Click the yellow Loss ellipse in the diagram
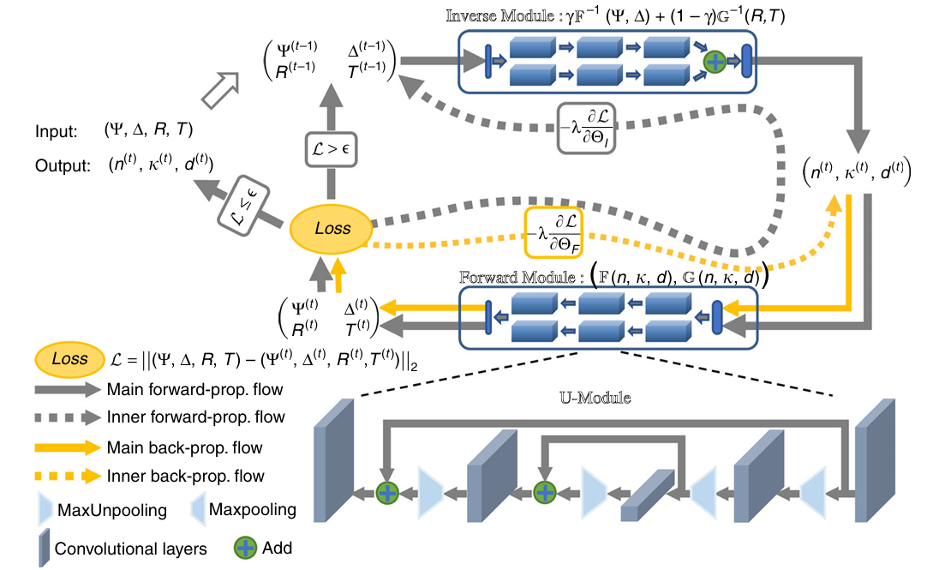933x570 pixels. [332, 229]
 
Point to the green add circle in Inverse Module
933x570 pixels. [715, 61]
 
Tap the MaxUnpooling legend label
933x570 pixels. [112, 511]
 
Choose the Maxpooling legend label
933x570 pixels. [253, 510]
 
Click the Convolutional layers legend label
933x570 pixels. [131, 548]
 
